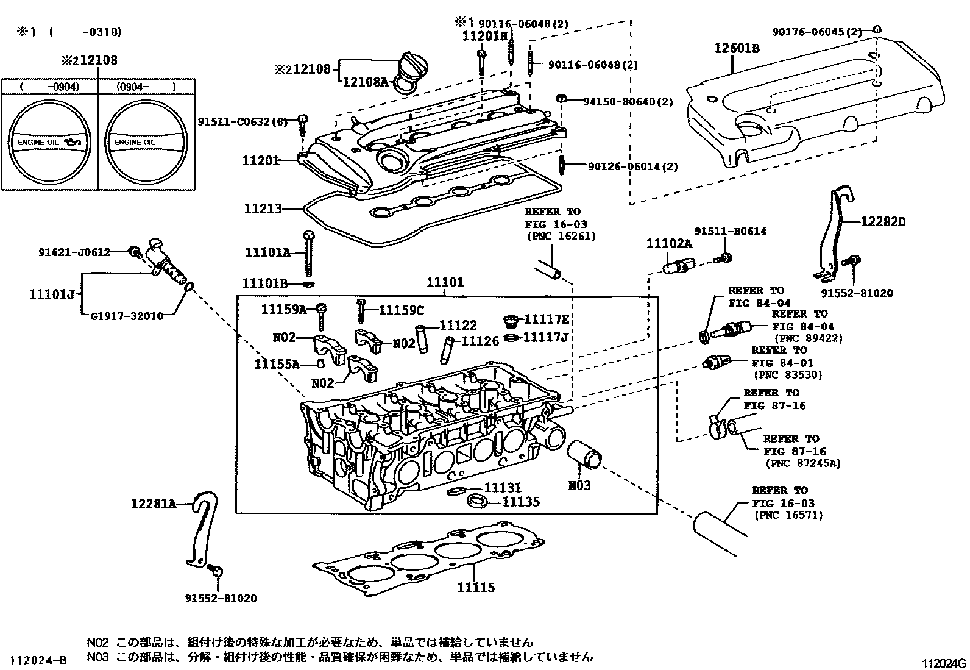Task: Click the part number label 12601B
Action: [737, 48]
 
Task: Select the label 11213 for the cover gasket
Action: [263, 209]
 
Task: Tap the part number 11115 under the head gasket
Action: [476, 588]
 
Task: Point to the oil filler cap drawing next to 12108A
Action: [412, 66]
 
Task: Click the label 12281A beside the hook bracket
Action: [153, 504]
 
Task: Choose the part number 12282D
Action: [883, 222]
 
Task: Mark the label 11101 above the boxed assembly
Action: [444, 283]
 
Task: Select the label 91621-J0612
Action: [74, 252]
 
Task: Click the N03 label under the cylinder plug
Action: [579, 486]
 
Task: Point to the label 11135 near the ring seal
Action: [520, 502]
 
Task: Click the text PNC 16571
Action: [789, 516]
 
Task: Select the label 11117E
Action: [547, 319]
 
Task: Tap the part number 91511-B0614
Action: [731, 232]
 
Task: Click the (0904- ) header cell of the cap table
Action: [146, 87]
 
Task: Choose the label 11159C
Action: [401, 310]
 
